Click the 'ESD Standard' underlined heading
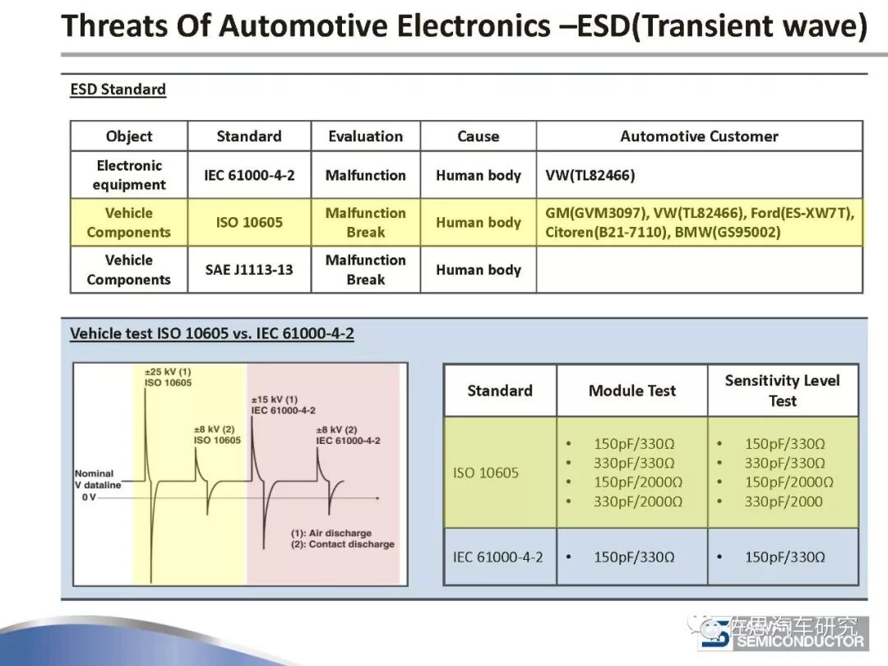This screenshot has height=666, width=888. coord(118,90)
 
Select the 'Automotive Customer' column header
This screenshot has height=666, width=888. coord(699,136)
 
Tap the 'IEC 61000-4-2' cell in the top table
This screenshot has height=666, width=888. coord(249,175)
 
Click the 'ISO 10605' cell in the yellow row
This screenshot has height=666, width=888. coord(249,222)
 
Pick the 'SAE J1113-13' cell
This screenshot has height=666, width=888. coord(249,270)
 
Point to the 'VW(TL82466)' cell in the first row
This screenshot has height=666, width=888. coord(590,175)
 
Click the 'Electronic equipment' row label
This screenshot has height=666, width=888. coord(129,175)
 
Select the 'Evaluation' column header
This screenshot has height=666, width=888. coord(365,136)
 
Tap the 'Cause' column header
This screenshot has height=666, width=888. coord(478,136)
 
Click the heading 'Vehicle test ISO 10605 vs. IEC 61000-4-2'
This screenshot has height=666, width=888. coord(212,334)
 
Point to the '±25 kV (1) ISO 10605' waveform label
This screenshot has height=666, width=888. coord(168,377)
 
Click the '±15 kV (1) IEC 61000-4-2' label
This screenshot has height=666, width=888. coord(284,405)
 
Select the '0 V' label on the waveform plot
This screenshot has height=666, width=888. coord(89,497)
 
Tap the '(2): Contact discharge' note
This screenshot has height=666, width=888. coord(342,544)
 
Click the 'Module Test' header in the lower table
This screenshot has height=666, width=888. coord(631,391)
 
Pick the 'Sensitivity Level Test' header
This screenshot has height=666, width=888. coord(782,391)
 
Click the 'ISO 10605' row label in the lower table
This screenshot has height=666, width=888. coord(486,473)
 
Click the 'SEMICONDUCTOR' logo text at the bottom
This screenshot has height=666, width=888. coord(799,641)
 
